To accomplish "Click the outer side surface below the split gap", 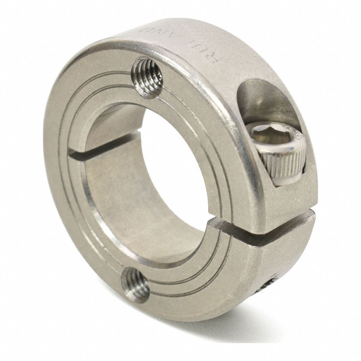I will (x=286, y=264).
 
